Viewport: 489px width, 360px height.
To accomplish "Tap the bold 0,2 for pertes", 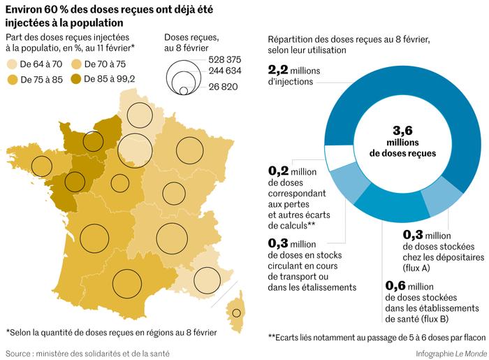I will pos(279,170).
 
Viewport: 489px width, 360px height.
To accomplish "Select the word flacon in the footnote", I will pos(471,338).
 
